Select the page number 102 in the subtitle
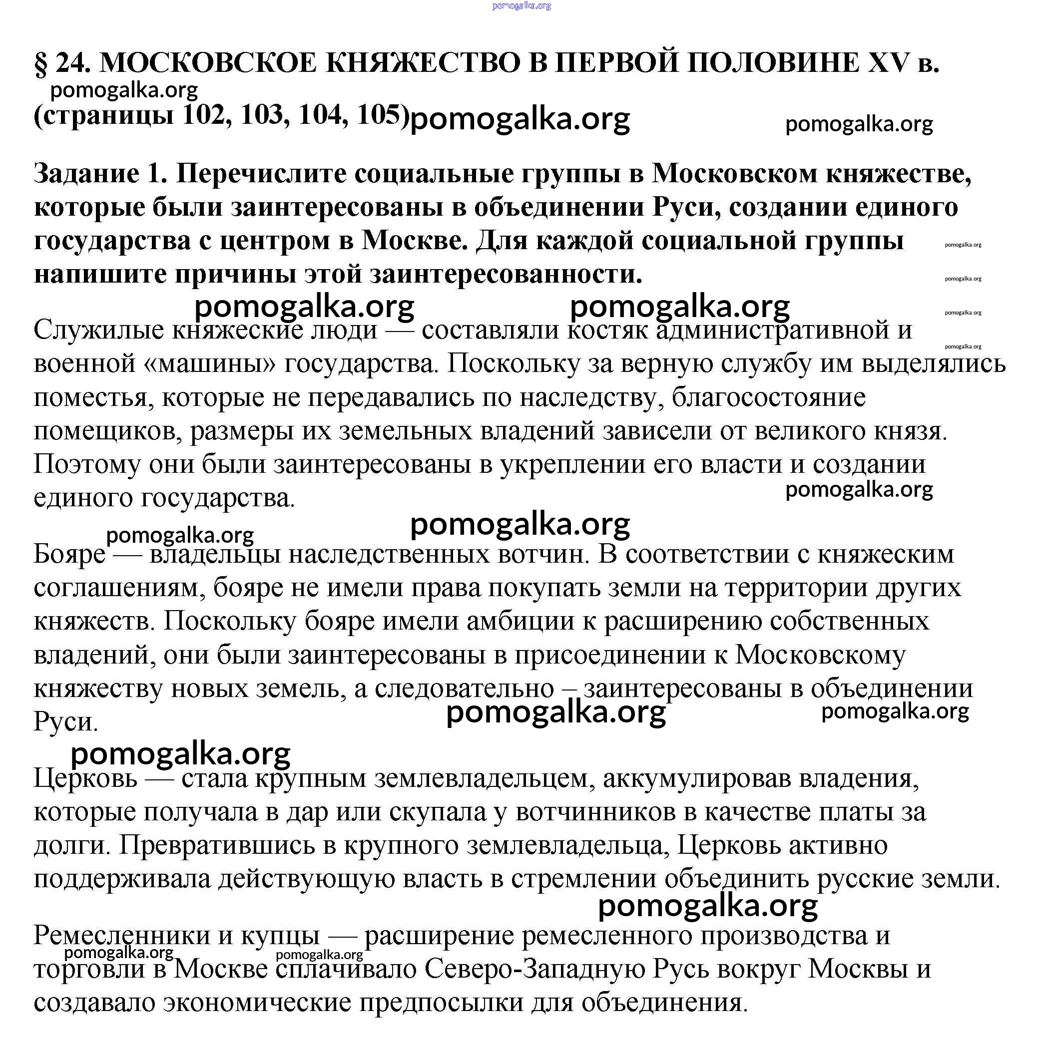click(203, 115)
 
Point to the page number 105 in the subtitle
click(380, 115)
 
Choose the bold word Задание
click(86, 175)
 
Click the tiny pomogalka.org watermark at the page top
click(521, 6)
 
